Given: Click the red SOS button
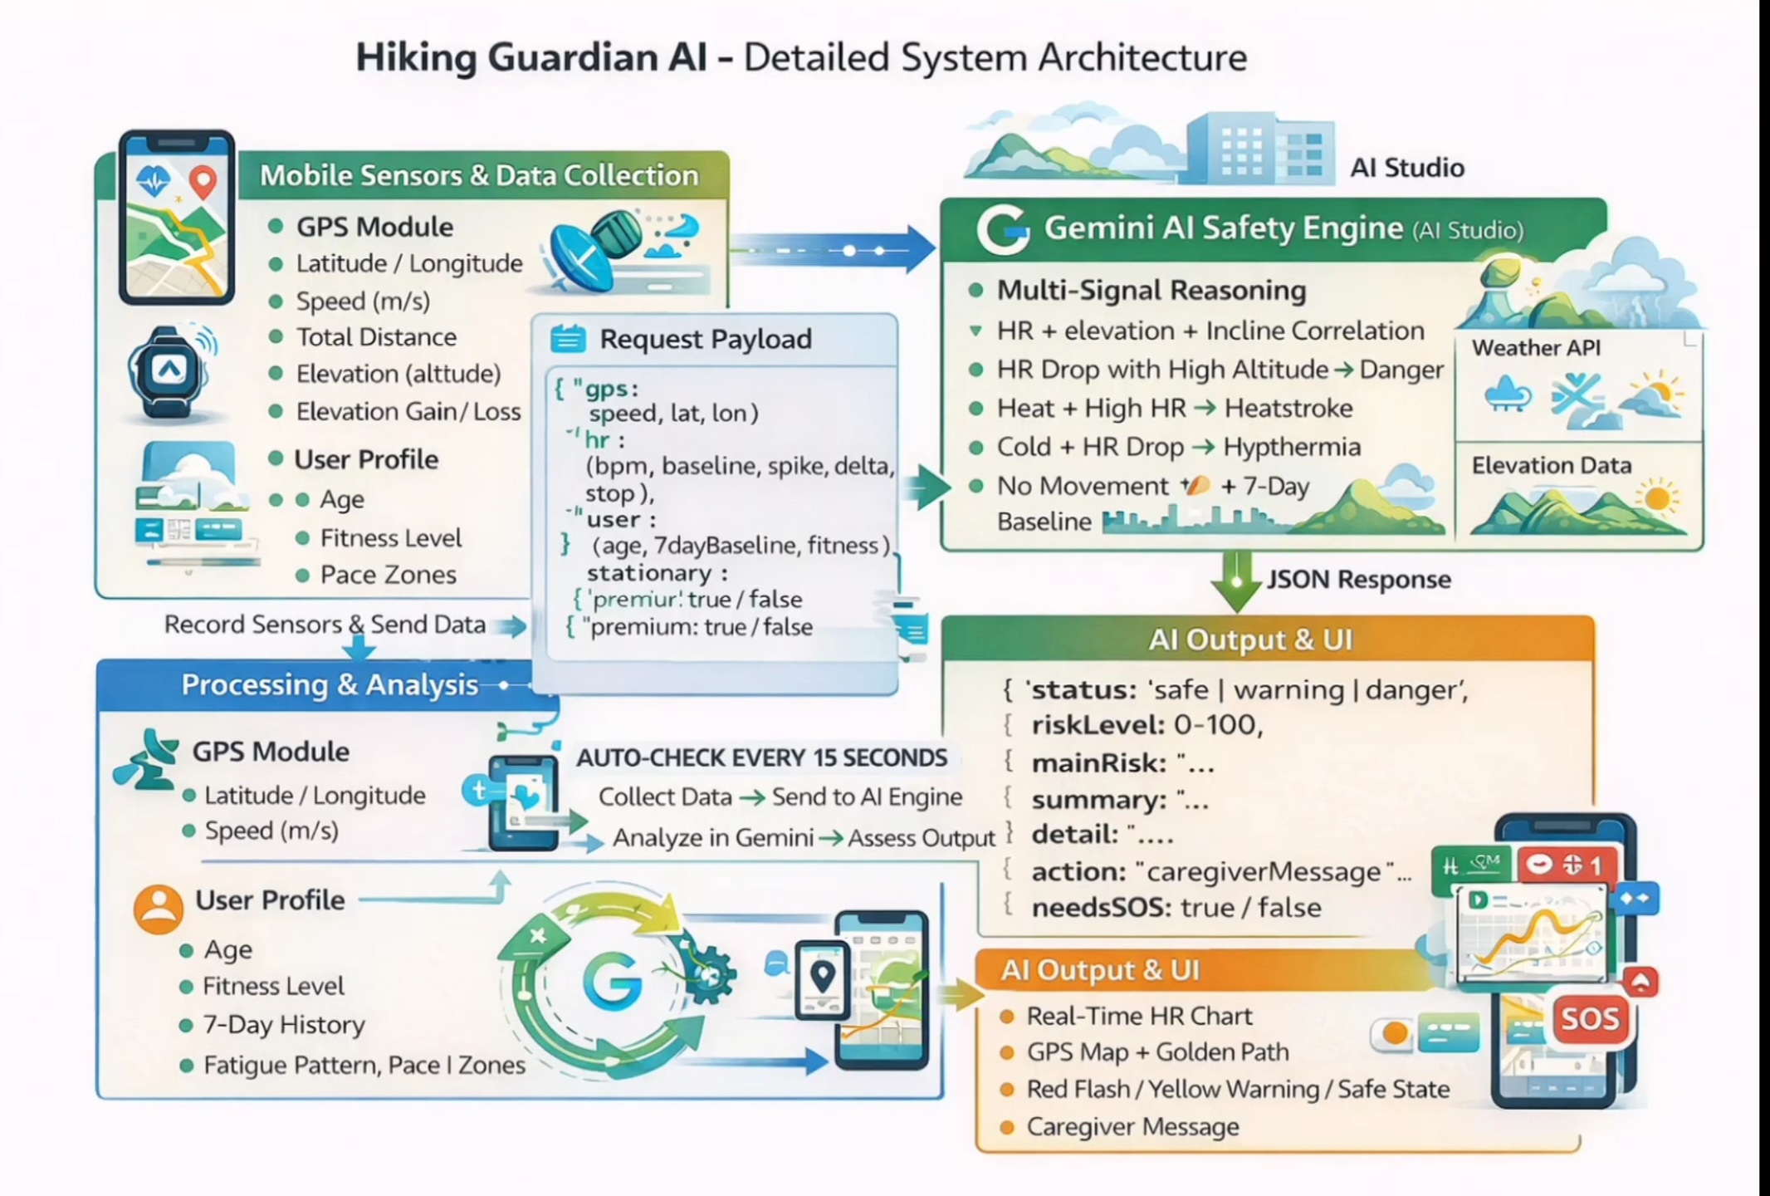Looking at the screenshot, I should (1589, 1019).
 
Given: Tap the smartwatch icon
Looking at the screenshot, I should (169, 371).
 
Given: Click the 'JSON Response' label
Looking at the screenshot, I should (1358, 580).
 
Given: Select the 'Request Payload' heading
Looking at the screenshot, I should (705, 339).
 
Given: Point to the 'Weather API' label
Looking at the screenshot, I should (1536, 348).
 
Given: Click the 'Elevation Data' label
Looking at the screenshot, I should (1551, 465).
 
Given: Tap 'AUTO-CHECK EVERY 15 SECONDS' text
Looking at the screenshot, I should (761, 757).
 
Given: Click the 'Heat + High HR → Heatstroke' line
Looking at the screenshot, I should (1174, 409).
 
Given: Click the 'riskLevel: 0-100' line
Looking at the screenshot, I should (1147, 725).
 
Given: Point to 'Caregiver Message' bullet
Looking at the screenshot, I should (1132, 1127).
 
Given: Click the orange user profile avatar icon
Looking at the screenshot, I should (158, 908).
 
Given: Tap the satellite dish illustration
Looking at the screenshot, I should (586, 248).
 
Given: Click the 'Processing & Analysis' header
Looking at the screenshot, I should (329, 685).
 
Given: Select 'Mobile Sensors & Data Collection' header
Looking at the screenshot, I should (479, 176).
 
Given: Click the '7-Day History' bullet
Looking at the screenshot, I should (284, 1025).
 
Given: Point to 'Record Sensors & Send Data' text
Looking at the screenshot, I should (325, 625).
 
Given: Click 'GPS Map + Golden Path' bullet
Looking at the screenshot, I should (1157, 1052).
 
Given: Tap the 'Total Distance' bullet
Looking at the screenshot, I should (376, 337).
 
